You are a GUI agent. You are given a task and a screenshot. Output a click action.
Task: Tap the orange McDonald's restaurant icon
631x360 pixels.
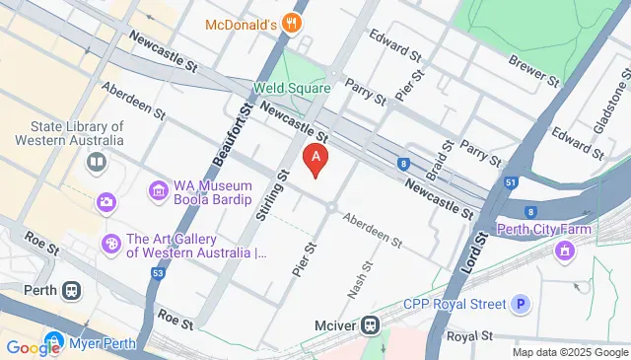coord(290,23)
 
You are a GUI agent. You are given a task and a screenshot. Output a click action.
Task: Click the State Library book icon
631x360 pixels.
coord(97,162)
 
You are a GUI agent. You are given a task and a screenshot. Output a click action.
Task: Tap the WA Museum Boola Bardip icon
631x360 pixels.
coord(158,189)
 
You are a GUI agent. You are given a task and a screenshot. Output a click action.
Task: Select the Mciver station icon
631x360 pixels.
coord(371,324)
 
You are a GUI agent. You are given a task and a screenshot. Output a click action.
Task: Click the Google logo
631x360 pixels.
coord(34,347)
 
